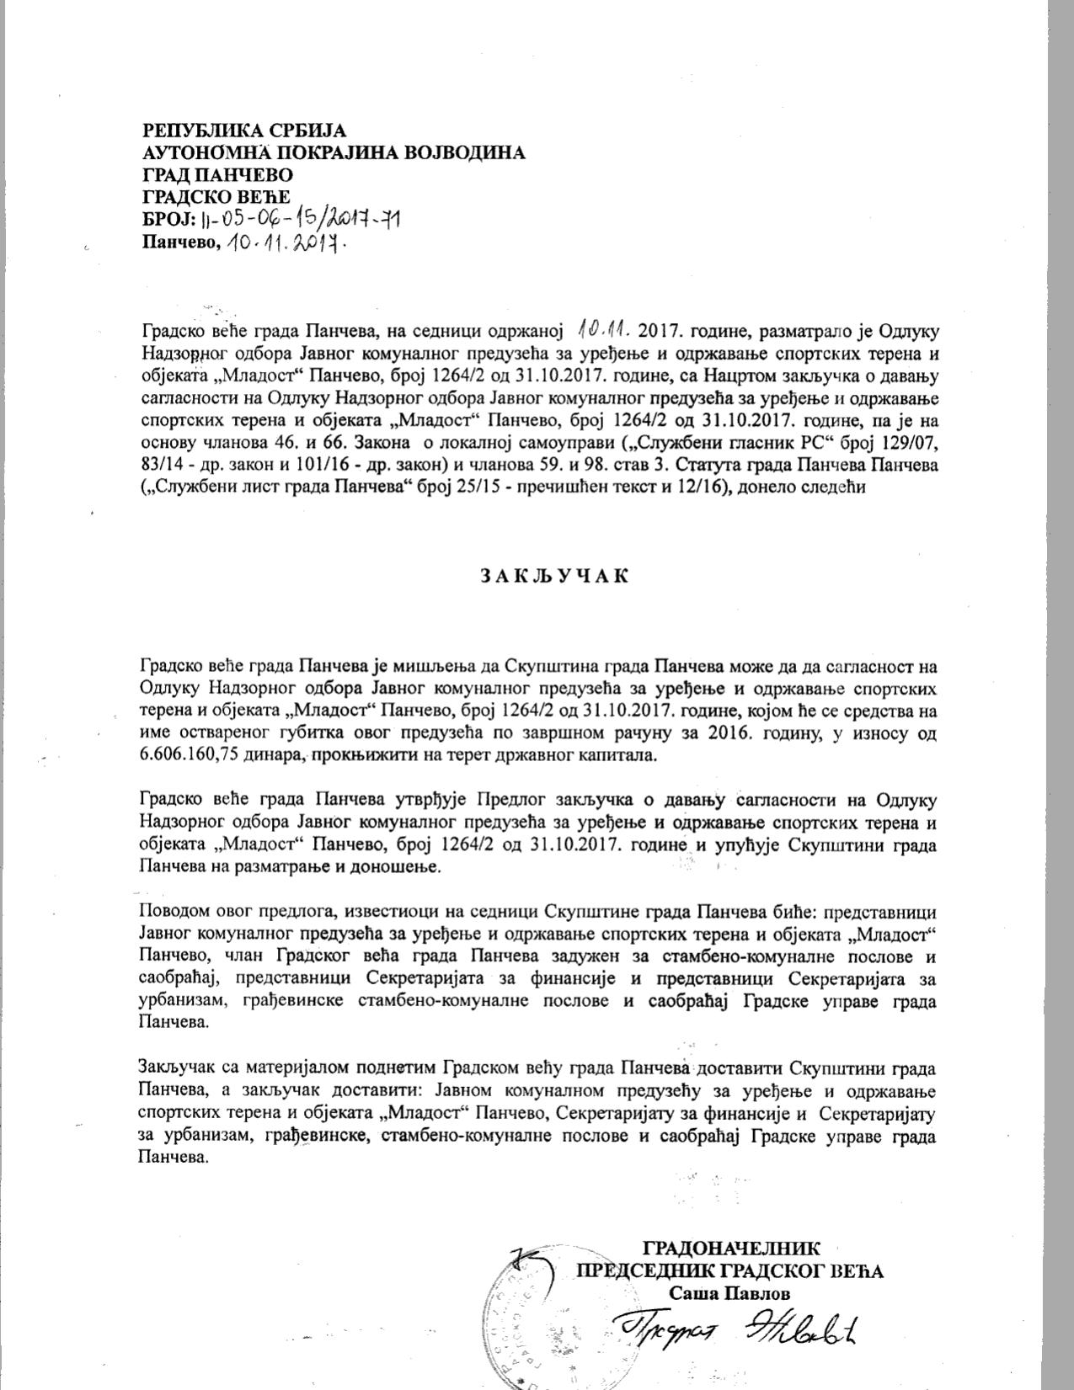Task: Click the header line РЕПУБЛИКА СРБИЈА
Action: point(244,130)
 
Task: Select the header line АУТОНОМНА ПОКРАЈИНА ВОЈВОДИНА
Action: point(334,152)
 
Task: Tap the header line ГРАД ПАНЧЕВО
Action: point(218,175)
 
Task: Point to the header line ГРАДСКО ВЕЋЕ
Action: point(216,197)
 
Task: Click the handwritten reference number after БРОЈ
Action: point(301,220)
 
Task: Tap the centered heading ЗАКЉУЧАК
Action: point(554,576)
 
